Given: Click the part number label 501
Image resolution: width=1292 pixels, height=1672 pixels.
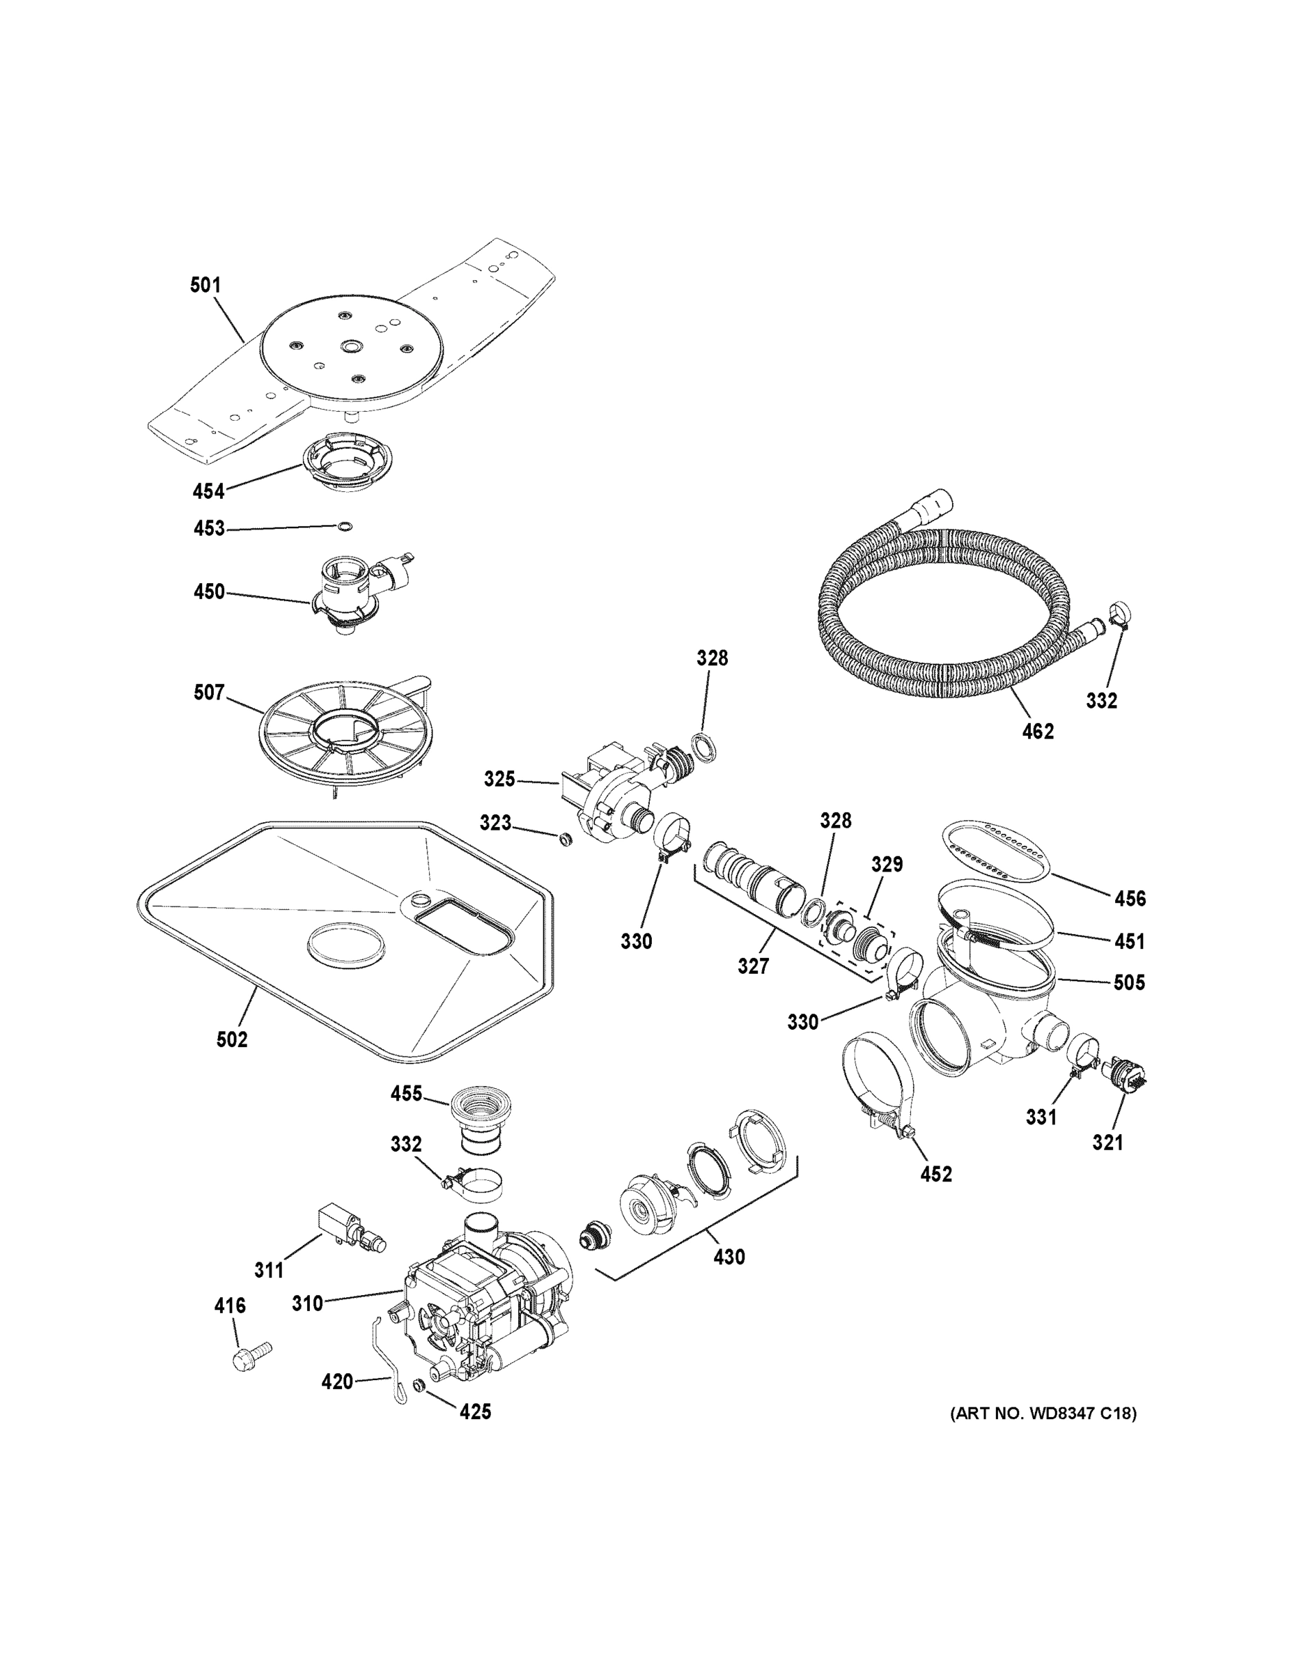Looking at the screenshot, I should (x=205, y=286).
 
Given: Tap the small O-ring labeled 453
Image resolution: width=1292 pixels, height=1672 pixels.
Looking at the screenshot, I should (x=345, y=526).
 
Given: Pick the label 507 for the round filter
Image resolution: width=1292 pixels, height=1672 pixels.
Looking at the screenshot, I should (x=209, y=693).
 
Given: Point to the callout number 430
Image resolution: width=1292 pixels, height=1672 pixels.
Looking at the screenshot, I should (x=729, y=1257).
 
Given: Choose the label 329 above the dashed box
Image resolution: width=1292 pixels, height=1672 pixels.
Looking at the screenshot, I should (x=887, y=865).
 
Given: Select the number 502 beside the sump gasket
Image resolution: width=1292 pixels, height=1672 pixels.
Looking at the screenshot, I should (x=232, y=1039).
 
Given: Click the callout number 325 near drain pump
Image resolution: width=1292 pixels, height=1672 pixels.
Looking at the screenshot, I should (x=499, y=780).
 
